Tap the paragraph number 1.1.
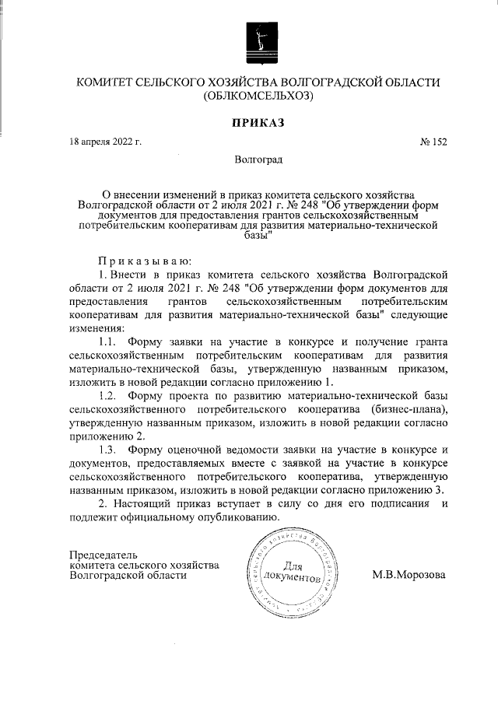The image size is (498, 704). (x=108, y=341)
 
